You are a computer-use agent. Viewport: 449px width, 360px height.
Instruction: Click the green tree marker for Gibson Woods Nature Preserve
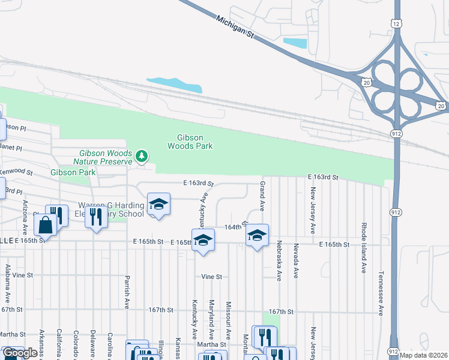(142, 157)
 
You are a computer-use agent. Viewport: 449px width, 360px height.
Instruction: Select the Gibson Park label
(73, 172)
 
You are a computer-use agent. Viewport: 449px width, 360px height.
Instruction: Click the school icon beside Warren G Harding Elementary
(158, 205)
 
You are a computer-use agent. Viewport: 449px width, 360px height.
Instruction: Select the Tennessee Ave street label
(381, 292)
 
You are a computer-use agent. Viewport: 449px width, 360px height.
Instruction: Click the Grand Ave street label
(262, 195)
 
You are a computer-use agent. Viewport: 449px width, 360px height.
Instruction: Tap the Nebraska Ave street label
(279, 259)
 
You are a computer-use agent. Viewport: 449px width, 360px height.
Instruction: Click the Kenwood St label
(16, 172)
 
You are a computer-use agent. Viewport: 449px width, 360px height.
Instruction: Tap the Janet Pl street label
(11, 148)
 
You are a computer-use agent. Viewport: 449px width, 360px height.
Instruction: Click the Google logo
(20, 353)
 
